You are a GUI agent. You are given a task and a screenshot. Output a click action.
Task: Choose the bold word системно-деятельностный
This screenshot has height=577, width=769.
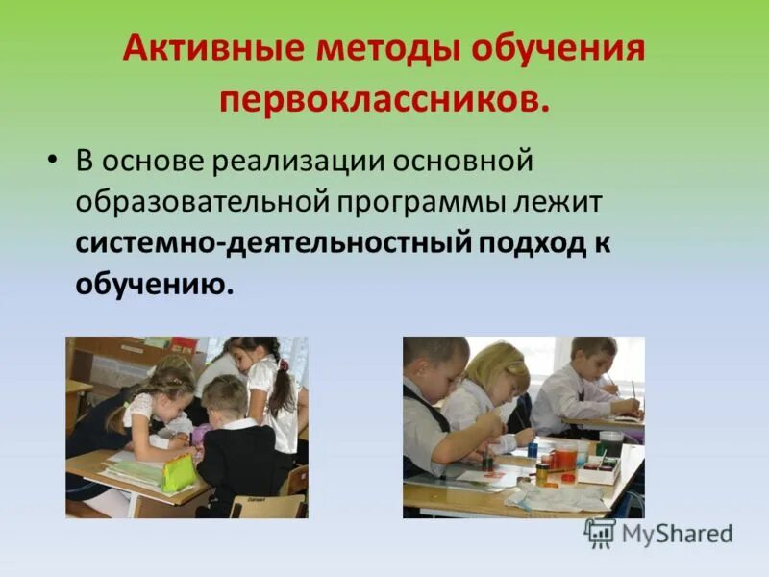(273, 242)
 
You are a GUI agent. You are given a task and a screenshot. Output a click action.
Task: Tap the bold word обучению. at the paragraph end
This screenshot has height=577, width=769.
(155, 285)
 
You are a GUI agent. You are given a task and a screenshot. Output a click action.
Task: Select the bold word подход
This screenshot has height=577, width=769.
(532, 242)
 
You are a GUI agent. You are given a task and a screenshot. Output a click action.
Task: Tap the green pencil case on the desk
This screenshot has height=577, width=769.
(180, 471)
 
